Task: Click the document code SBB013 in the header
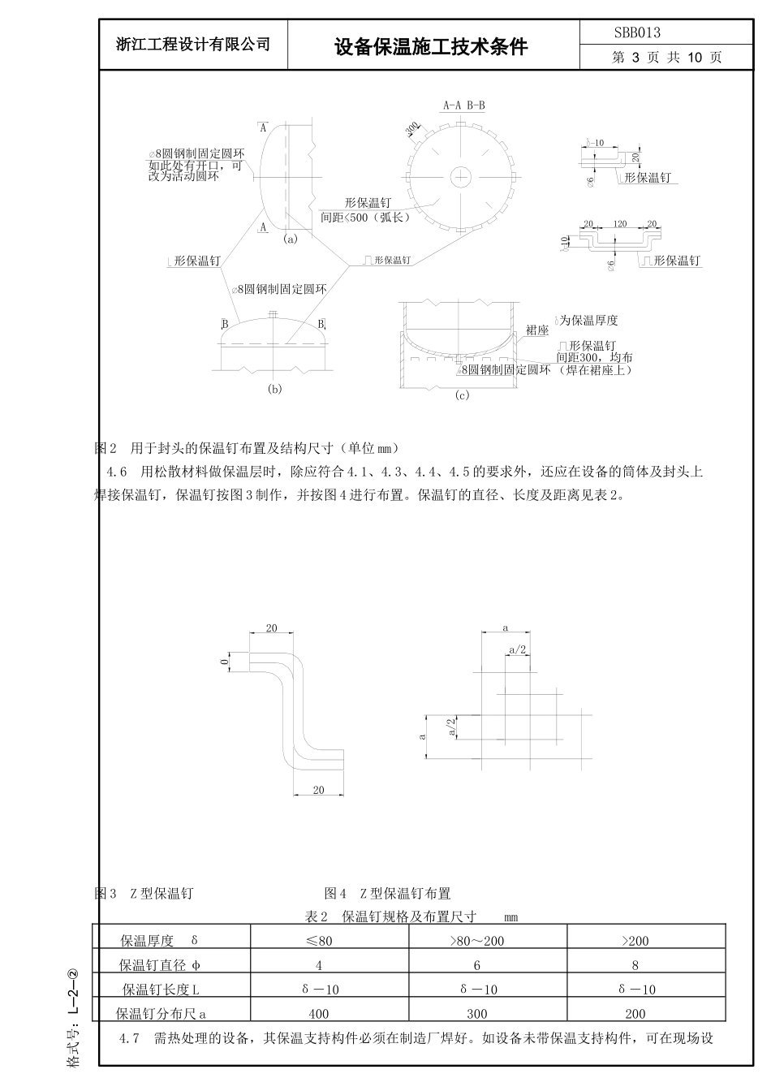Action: (637, 32)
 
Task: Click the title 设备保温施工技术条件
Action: (431, 47)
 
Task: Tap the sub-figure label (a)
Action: (291, 239)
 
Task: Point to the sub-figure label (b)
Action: (274, 389)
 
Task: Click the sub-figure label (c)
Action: (462, 395)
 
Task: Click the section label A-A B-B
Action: (463, 106)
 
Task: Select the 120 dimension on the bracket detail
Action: (620, 223)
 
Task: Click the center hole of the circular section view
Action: (461, 176)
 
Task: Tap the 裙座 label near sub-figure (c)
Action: (537, 330)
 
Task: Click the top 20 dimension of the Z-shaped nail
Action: (271, 628)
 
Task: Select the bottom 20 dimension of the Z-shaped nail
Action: (318, 790)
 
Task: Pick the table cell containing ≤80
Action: (318, 942)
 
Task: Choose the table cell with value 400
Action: (318, 1013)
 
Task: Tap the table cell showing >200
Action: (635, 942)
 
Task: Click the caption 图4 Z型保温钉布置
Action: (387, 894)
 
